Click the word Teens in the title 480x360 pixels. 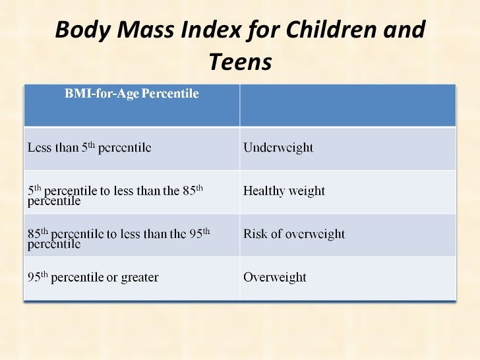pos(240,63)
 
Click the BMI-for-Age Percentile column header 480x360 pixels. pos(131,94)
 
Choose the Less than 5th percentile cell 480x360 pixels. pos(89,148)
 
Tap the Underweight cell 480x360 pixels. pos(278,148)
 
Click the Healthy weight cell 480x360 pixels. pos(284,191)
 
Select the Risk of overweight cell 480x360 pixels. pos(294,234)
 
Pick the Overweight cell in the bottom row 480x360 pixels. pos(275,278)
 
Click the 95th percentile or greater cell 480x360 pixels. pos(92,278)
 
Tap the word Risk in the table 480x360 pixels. pos(255,234)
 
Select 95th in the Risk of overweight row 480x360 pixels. pos(197,232)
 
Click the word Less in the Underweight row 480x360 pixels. pos(38,148)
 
